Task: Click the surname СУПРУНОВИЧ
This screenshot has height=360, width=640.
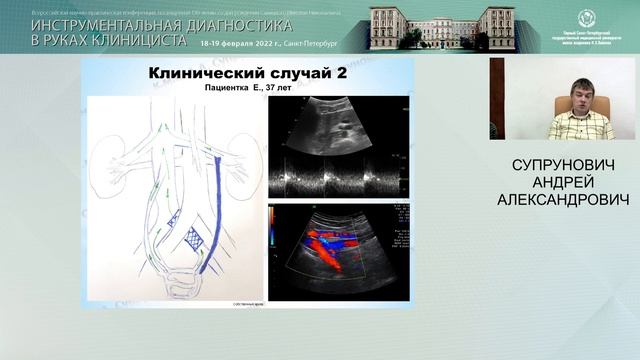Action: [563, 164]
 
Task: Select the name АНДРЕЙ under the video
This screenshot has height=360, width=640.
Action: [563, 183]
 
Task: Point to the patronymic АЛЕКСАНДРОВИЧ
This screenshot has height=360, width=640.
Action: [563, 201]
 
